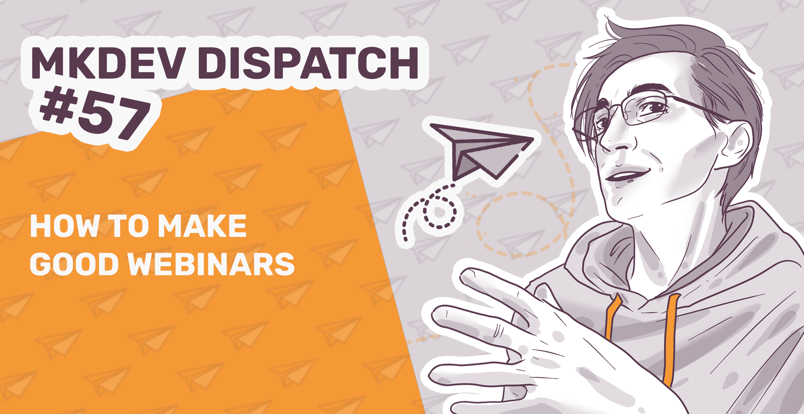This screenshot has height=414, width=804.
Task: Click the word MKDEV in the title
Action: pos(107,63)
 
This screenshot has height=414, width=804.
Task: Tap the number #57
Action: pos(96,113)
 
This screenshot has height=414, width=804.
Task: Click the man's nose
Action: pos(616,142)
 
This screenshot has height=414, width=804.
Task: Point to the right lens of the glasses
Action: pos(651,109)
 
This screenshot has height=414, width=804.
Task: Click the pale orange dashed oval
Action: pos(521,224)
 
